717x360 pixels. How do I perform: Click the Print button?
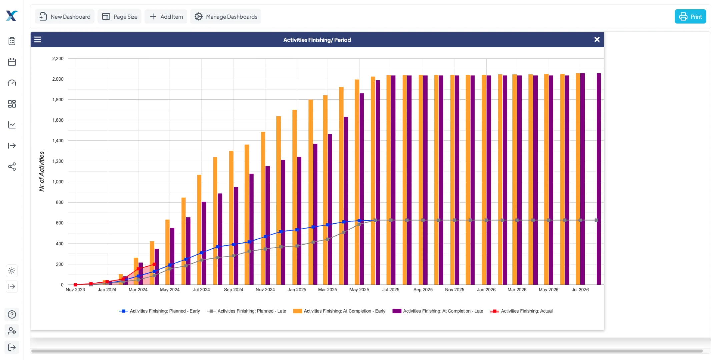click(690, 17)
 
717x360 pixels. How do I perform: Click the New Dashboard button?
click(65, 17)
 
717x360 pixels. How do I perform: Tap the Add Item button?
click(166, 17)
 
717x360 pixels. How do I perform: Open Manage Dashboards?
click(226, 17)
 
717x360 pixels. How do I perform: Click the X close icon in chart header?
click(597, 40)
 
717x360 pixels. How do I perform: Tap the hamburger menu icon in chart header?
click(38, 40)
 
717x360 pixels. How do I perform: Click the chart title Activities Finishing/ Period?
click(317, 40)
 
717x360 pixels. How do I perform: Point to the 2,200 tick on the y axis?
click(58, 59)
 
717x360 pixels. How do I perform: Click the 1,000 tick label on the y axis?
click(58, 182)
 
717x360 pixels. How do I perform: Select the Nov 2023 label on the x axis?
click(75, 290)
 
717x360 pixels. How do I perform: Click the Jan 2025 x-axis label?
click(297, 290)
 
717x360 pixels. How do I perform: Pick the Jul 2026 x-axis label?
click(580, 290)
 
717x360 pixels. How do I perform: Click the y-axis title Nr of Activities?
click(42, 171)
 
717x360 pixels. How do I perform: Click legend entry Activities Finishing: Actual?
click(526, 311)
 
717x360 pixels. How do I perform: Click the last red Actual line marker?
click(154, 264)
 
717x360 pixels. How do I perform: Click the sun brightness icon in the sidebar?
click(12, 271)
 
